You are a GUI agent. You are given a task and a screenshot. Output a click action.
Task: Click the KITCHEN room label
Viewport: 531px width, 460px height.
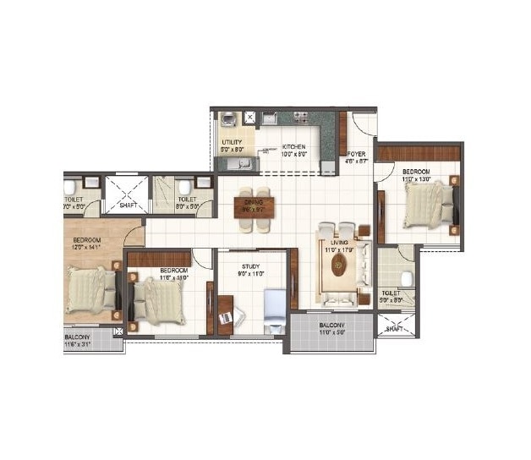point(293,147)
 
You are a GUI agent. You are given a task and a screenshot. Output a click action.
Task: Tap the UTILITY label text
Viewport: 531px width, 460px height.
point(232,143)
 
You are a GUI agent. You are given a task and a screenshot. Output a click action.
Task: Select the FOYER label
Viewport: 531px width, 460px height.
point(355,154)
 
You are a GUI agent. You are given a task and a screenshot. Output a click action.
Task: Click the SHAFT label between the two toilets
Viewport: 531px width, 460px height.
point(129,204)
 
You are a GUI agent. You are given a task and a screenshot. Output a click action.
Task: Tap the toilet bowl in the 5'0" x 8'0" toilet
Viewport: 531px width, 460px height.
point(406,278)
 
